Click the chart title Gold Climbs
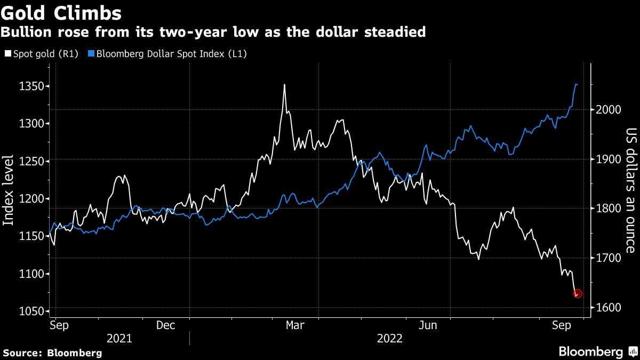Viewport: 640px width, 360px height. tap(61, 12)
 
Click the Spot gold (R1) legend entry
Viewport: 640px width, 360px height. tap(41, 54)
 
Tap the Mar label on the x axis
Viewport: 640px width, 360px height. tap(295, 325)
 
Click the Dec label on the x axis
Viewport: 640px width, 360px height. tap(166, 325)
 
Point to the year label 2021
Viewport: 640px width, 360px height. tap(120, 338)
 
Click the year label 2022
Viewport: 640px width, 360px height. tap(390, 338)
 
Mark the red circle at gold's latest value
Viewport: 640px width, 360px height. tap(578, 293)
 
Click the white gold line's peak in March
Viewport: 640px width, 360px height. tap(284, 85)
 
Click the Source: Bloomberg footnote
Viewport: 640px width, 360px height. tap(52, 353)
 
